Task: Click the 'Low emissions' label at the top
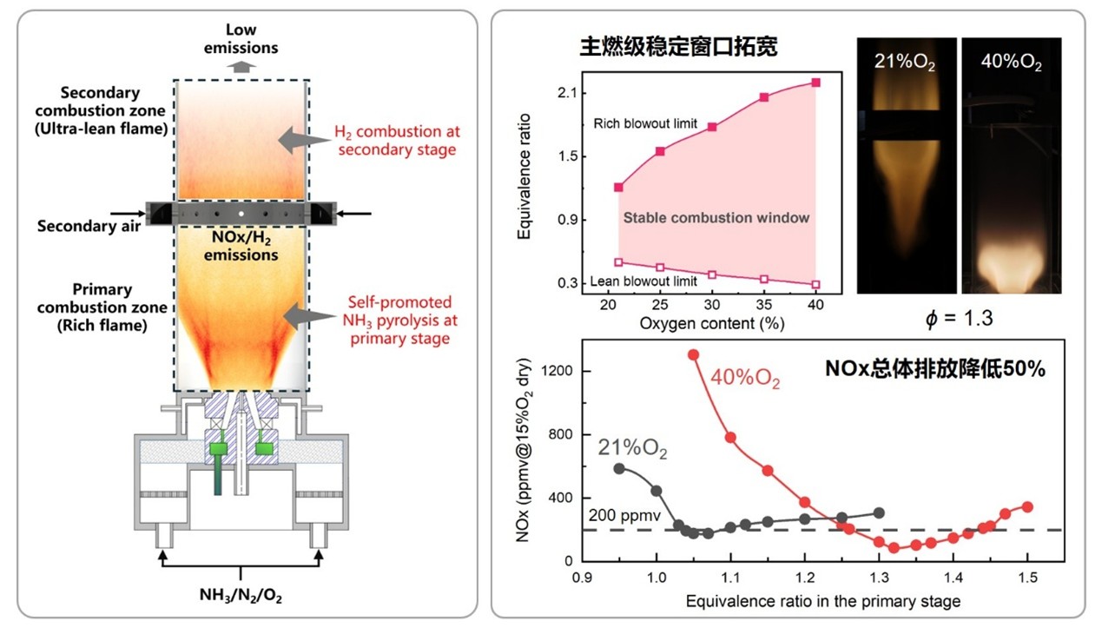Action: coord(241,40)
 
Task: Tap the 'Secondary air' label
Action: coord(76,227)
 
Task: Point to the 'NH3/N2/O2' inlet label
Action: coord(241,597)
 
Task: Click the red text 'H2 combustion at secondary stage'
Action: coord(397,140)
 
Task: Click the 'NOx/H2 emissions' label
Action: coord(241,246)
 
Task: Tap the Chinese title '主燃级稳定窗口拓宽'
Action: coord(678,48)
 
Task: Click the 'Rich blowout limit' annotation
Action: coord(646,124)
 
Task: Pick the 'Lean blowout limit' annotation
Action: coord(643,281)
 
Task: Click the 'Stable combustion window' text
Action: coord(716,218)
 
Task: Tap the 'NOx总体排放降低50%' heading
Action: coord(934,367)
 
